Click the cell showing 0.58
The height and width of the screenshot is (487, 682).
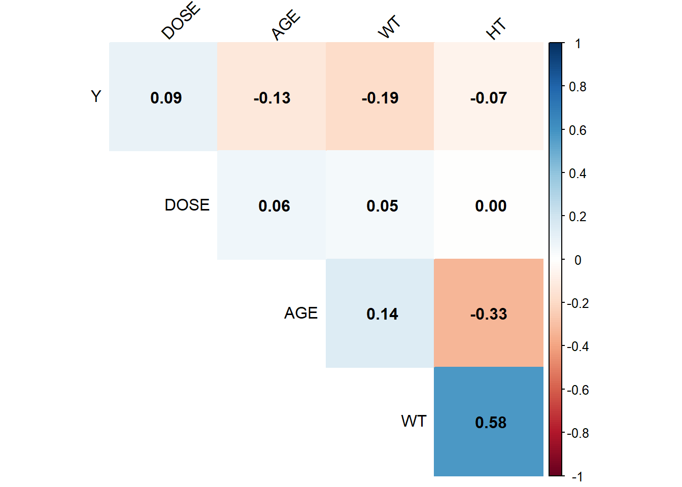click(x=489, y=422)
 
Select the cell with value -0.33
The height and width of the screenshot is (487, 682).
click(x=489, y=314)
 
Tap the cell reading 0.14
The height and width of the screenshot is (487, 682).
click(x=380, y=314)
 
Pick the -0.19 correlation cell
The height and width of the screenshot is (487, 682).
click(x=380, y=97)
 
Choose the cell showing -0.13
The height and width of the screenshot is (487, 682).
click(x=271, y=97)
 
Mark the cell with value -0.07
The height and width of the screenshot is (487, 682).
click(x=489, y=97)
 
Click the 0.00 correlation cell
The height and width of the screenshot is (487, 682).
click(x=489, y=205)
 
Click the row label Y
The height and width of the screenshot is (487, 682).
click(x=96, y=96)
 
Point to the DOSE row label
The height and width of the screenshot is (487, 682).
click(x=187, y=205)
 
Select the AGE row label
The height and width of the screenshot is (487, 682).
click(x=300, y=313)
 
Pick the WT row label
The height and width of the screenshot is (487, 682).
click(x=414, y=421)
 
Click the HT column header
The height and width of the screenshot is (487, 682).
click(x=496, y=28)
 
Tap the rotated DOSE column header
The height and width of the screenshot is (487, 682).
click(x=181, y=21)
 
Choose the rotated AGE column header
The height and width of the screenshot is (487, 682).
click(x=286, y=25)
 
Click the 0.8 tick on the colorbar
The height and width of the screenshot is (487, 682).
click(x=577, y=87)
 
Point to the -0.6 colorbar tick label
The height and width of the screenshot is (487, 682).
click(x=577, y=390)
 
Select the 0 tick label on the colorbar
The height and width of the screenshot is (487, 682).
click(x=577, y=260)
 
